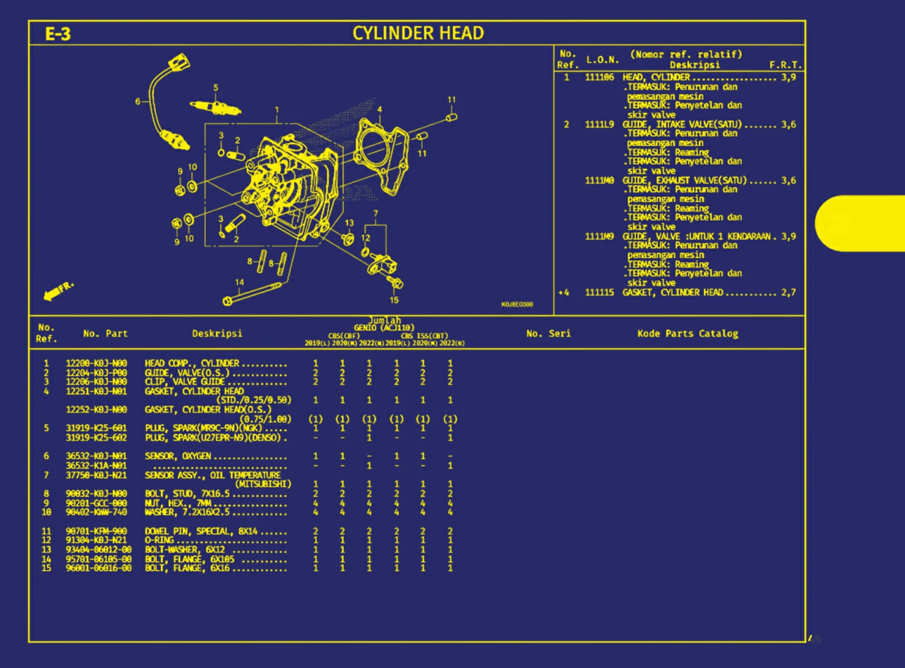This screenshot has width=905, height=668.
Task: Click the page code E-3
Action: (57, 34)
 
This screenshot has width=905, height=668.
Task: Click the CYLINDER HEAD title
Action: (418, 33)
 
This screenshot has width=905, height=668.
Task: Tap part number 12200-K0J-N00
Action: (96, 363)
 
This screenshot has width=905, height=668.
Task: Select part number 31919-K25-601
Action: (96, 428)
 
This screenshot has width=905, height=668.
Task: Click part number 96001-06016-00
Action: (98, 568)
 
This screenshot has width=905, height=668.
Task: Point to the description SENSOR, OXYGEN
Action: (178, 456)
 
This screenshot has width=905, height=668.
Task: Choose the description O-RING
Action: (159, 540)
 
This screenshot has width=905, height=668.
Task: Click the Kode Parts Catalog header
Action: (688, 334)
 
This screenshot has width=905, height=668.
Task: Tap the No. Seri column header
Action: (548, 334)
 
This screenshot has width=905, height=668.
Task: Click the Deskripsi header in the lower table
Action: (217, 334)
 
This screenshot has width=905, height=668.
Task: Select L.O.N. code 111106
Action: (599, 77)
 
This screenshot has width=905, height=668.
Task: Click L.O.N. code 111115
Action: (599, 292)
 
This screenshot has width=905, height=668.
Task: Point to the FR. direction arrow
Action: (57, 290)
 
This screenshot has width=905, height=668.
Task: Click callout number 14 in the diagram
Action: (239, 282)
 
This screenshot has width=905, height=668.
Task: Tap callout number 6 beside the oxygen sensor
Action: (137, 101)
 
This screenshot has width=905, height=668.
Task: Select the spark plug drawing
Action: (215, 108)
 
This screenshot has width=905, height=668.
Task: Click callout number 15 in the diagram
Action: (394, 300)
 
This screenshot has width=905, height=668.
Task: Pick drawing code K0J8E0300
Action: (517, 304)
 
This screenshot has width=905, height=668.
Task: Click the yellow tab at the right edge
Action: (862, 223)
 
